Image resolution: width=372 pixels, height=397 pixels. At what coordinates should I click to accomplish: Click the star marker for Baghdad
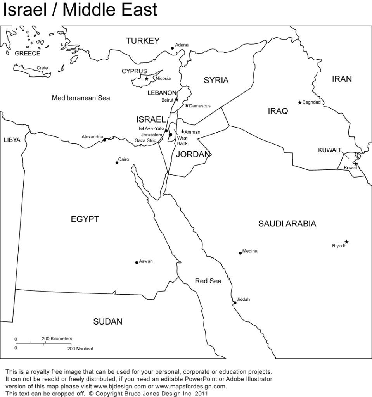coord(299,102)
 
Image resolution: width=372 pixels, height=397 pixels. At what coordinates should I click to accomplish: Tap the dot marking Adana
coord(173,48)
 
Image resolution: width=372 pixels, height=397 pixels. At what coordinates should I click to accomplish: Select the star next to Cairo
coord(117,162)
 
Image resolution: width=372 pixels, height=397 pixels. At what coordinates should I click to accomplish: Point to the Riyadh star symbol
coord(346,242)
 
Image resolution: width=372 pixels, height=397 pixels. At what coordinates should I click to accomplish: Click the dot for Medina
coord(240,253)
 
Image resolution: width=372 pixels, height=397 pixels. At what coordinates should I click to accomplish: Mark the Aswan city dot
coord(137,262)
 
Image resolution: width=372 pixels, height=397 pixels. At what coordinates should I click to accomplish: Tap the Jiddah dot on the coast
coord(234,303)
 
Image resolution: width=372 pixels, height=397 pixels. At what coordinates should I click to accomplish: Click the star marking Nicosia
coord(147,79)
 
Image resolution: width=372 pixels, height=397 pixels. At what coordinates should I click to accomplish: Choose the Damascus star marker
coord(187,105)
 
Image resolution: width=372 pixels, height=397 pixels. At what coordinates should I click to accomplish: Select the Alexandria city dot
coord(104,140)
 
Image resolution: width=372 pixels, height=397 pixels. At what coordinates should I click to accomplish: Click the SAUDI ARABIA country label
coord(287,223)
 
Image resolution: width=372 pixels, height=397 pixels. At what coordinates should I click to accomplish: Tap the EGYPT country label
coord(85,219)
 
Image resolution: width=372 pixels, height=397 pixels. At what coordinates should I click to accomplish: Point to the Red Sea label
coord(208,281)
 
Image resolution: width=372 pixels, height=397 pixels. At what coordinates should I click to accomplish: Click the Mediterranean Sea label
coord(81,98)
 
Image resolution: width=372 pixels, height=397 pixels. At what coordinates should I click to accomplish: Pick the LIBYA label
coord(12,140)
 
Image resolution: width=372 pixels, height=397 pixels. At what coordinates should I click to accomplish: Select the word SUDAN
coord(107,321)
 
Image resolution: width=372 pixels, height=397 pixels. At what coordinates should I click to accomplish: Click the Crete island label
coord(42,68)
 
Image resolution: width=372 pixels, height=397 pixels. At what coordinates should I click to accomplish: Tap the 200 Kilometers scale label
coord(56,338)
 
